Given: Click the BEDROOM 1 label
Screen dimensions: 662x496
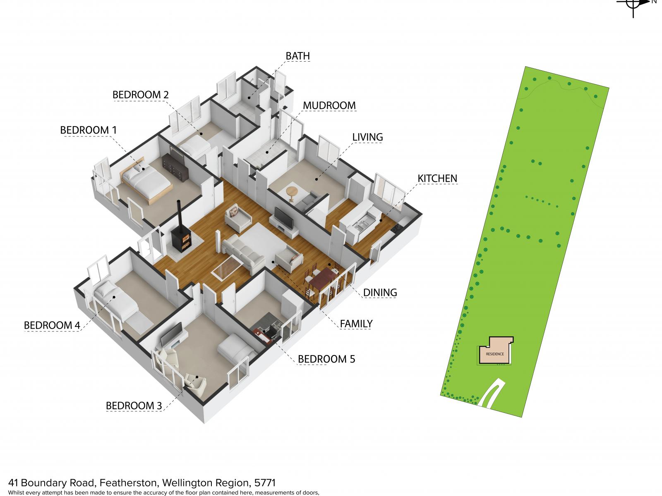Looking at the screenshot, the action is tap(88, 130).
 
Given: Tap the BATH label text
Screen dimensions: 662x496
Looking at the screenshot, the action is tap(297, 56).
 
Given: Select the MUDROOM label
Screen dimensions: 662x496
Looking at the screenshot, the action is tap(329, 105).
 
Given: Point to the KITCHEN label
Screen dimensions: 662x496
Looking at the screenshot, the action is tap(437, 178).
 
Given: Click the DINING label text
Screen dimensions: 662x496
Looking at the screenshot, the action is tap(380, 292).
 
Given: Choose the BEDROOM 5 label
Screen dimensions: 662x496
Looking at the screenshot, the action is tap(326, 359).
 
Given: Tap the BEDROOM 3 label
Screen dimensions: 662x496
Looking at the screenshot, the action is tap(134, 405).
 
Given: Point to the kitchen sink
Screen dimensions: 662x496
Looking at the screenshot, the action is tap(360, 224).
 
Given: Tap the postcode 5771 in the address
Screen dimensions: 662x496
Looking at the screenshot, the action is tap(264, 483).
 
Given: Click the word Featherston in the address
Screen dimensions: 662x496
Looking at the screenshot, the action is tap(129, 483).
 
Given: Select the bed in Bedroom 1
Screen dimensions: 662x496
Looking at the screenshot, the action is tap(146, 181).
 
